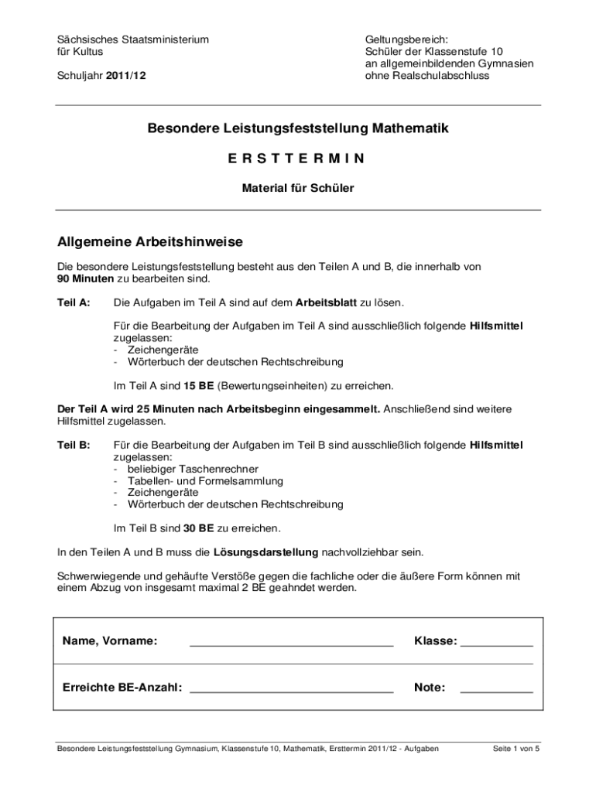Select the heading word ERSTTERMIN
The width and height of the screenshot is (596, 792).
(297, 159)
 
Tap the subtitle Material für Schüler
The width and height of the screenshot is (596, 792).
(298, 188)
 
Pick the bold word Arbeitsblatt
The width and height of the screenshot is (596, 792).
(320, 302)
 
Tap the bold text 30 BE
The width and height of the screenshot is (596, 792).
(199, 529)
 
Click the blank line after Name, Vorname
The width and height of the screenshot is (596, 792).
(292, 643)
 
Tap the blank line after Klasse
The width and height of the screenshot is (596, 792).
(497, 643)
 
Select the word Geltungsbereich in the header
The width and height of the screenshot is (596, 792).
(406, 39)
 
